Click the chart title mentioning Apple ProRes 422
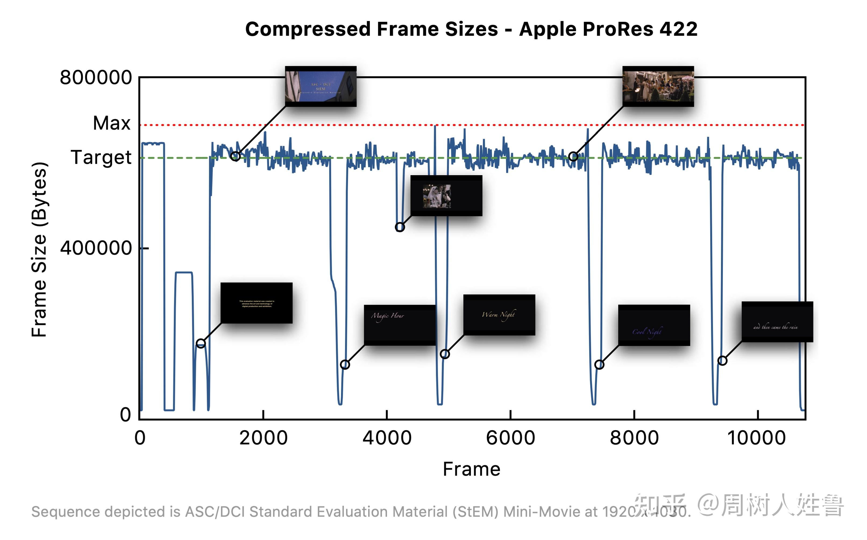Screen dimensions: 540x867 coord(471,29)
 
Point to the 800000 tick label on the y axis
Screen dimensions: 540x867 coord(96,77)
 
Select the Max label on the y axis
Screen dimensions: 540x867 coord(112,123)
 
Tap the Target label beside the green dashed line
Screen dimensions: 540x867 coord(101,157)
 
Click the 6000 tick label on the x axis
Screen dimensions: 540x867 coord(510,438)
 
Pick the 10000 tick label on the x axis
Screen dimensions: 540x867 coord(756,438)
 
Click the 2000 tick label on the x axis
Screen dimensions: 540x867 coord(263,438)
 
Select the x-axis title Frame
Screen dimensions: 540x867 coord(471,469)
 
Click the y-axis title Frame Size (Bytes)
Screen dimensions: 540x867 coord(39,249)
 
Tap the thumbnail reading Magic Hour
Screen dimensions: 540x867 coord(400,325)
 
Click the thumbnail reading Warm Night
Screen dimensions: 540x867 coord(499,315)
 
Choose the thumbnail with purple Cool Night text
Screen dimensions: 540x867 coord(654,325)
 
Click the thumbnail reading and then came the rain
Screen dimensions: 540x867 coord(777,322)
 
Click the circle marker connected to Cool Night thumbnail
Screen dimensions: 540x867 coord(599,365)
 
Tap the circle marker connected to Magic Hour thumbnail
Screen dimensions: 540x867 coord(345,365)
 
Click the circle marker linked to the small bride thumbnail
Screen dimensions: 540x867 coord(400,227)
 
